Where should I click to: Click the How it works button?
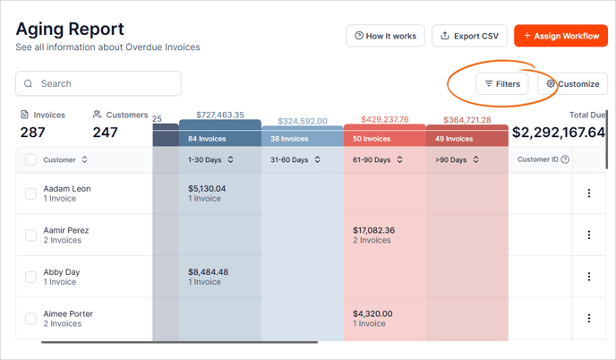coord(385,36)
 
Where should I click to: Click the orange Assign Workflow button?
coord(560,36)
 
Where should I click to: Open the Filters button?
coord(502,84)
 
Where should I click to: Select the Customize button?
coord(573,84)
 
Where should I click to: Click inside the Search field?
coord(98,83)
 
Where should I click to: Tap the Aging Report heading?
coord(70,30)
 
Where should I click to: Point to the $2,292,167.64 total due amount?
coord(559,133)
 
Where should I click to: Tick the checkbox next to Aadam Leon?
coord(30,193)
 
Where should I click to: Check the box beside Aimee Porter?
coord(30,319)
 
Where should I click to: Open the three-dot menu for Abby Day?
coord(589,277)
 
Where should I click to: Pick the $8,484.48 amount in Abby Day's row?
coord(208,272)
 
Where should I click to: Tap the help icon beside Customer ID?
coord(565,159)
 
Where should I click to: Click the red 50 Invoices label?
coord(372,139)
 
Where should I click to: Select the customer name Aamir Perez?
coord(66,230)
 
